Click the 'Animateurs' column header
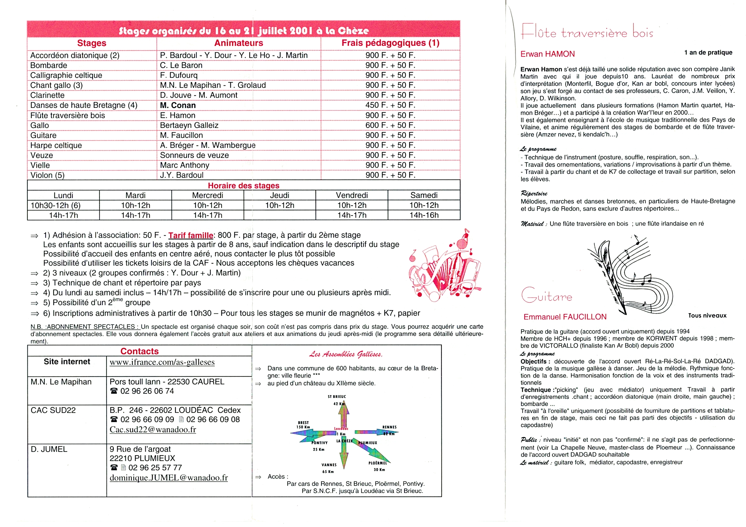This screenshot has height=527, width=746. (239, 43)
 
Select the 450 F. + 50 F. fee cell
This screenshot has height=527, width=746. (390, 105)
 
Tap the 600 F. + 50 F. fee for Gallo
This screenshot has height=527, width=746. (390, 125)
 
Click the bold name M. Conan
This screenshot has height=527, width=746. (178, 106)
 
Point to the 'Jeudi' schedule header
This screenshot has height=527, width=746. (279, 195)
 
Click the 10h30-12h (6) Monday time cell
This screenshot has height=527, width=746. (55, 206)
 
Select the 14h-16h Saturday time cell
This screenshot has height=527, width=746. (424, 215)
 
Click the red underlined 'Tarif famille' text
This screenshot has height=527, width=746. (191, 235)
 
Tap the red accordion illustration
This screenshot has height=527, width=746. (445, 266)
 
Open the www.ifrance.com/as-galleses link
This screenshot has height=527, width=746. (162, 362)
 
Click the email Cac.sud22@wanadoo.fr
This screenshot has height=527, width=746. (153, 429)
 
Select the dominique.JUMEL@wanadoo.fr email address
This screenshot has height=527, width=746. (169, 478)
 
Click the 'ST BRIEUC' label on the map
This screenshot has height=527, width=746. (336, 397)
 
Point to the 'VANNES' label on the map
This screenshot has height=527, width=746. (329, 465)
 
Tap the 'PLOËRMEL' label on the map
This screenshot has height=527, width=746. (378, 463)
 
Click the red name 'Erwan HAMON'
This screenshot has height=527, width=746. (548, 54)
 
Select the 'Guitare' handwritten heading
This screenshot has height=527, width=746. (547, 296)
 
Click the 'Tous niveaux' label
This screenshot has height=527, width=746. (707, 316)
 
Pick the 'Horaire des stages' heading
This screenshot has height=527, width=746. (243, 186)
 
